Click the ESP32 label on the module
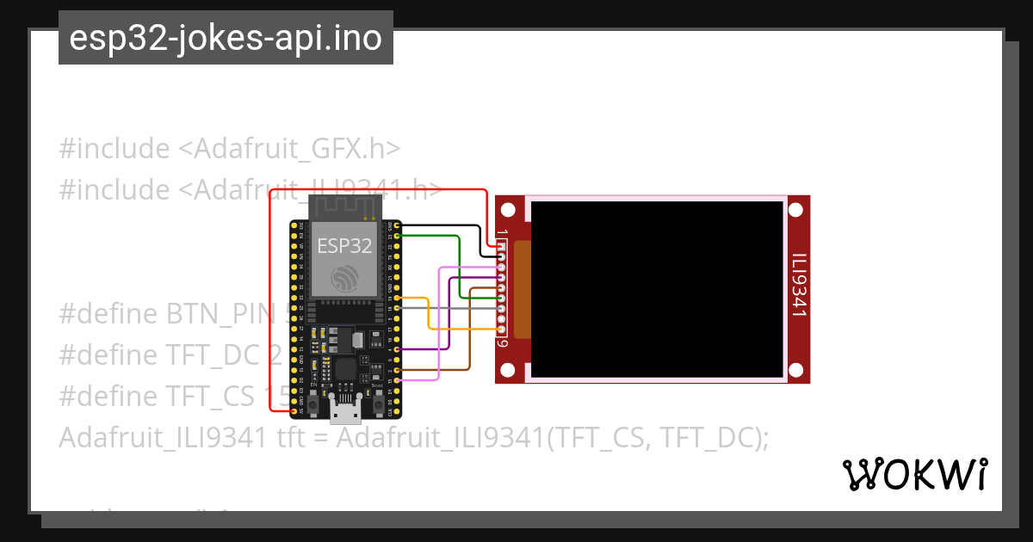point(344,245)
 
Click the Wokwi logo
point(915,474)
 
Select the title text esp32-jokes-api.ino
point(226,38)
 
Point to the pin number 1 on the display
point(503,234)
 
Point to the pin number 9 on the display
point(503,343)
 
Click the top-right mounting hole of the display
point(795,209)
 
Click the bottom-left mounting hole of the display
point(508,370)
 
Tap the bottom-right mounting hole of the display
point(795,370)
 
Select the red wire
point(272,293)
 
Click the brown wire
point(469,353)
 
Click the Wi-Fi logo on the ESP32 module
point(344,277)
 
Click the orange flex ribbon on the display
point(523,289)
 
